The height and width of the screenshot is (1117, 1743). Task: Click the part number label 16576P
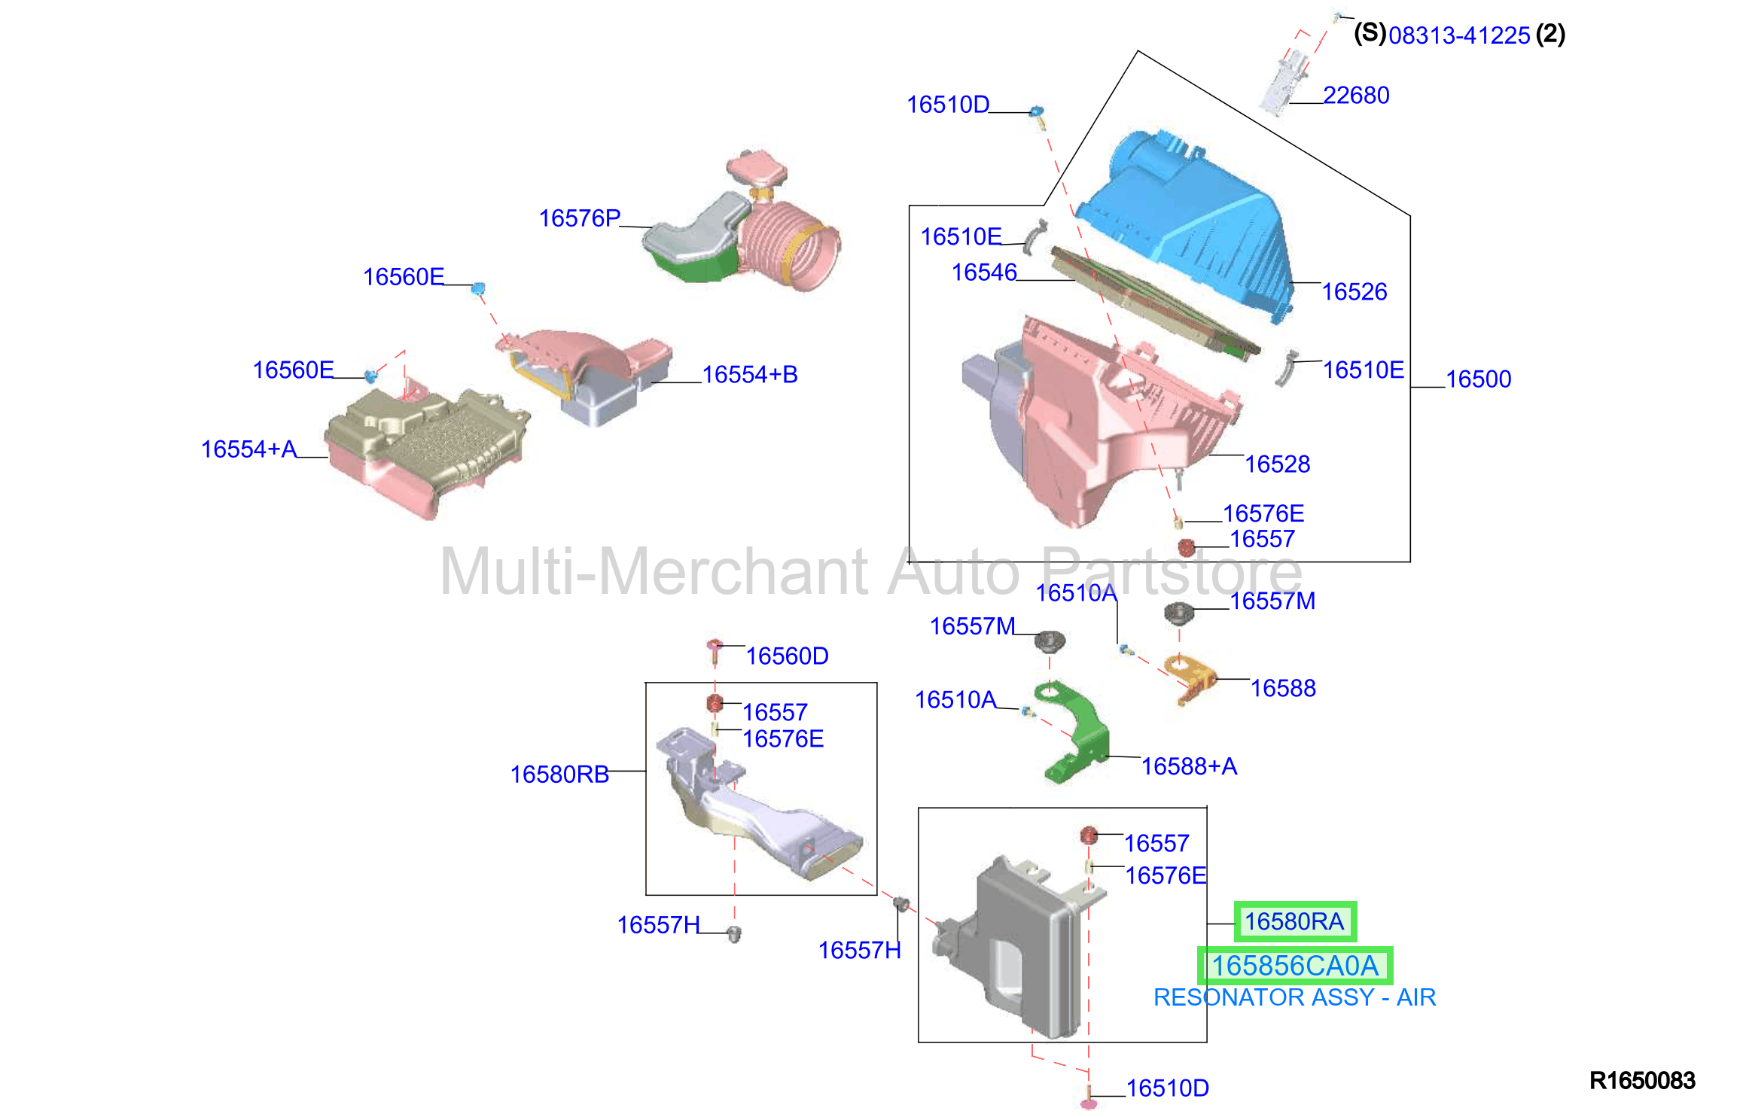(x=580, y=218)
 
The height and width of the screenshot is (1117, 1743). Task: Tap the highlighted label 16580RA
(x=1294, y=921)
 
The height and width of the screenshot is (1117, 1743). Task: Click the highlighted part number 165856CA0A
(x=1295, y=966)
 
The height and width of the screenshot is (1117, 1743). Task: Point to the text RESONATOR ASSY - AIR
(x=1295, y=997)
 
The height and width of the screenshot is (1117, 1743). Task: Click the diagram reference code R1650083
(x=1642, y=1081)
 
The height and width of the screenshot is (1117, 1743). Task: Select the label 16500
(x=1478, y=379)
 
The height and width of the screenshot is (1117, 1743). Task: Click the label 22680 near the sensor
(x=1356, y=96)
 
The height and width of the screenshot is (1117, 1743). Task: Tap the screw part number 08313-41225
(x=1459, y=35)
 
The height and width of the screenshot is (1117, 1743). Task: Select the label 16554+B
(x=750, y=374)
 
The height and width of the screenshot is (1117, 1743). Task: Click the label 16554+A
(x=248, y=449)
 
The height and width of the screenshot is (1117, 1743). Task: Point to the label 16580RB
(x=559, y=774)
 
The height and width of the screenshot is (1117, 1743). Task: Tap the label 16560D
(x=787, y=656)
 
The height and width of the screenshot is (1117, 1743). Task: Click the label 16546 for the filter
(x=984, y=272)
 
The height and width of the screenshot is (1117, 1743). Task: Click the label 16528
(x=1277, y=464)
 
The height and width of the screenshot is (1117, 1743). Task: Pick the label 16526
(x=1354, y=291)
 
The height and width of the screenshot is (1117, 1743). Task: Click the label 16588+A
(x=1190, y=766)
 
